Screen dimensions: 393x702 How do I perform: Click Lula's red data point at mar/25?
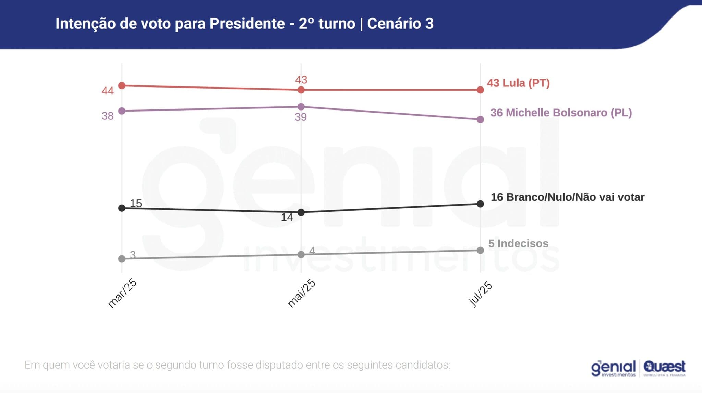pos(122,85)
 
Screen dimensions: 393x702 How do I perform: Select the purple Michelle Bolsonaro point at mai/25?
pos(301,107)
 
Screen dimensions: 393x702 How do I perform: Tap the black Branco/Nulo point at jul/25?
pos(480,204)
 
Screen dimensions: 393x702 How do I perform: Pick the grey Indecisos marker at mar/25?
pos(122,259)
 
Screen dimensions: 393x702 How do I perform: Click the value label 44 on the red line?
pos(107,91)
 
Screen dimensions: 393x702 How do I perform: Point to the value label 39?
pos(301,117)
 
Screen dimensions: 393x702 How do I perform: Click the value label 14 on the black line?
pos(287,218)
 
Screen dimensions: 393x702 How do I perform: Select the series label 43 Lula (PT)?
pos(518,83)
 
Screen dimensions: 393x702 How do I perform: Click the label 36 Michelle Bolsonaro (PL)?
pos(561,113)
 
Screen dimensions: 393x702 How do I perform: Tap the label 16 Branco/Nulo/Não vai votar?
pos(567,197)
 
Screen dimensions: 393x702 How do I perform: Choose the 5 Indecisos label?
pos(518,243)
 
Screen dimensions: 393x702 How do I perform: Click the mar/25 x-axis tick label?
pos(122,293)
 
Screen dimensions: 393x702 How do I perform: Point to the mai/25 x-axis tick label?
pos(301,293)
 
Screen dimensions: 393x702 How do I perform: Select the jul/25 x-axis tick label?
pos(480,294)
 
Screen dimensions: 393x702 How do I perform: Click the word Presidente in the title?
pos(247,24)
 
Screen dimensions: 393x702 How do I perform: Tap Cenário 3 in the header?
pos(400,24)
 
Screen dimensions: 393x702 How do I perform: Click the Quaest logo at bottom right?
pos(664,368)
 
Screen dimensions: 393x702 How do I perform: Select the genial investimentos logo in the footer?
pos(613,368)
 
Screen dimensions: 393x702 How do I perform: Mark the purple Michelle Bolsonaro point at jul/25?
pos(480,119)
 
